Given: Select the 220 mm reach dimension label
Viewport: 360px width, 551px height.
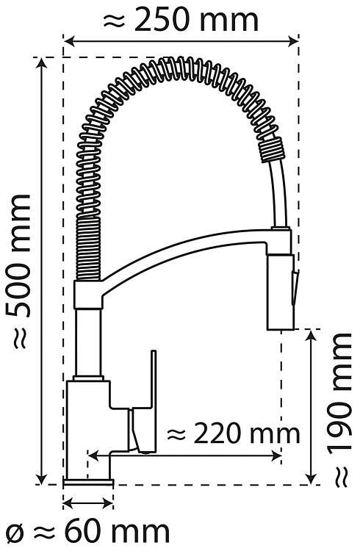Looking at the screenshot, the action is pyautogui.click(x=234, y=433).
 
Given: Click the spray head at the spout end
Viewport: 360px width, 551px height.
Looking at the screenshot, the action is pyautogui.click(x=280, y=292).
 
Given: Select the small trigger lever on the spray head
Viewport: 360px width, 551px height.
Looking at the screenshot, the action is pyautogui.click(x=295, y=287).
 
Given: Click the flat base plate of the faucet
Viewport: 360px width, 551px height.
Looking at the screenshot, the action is pyautogui.click(x=88, y=482).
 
